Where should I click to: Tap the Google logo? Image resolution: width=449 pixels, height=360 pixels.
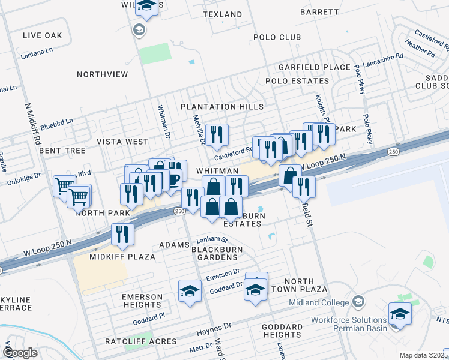20,353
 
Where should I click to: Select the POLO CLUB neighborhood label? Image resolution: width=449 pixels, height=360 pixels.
277,37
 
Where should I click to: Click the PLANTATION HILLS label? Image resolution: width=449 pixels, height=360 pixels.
223,107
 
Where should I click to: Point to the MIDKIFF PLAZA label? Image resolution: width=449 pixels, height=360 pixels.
122,256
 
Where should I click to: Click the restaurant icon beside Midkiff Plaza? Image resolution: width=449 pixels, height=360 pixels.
122,234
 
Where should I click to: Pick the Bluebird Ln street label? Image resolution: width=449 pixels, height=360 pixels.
56,122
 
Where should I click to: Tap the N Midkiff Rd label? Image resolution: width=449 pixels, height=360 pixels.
32,122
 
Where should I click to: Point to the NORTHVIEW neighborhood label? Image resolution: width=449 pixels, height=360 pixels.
103,74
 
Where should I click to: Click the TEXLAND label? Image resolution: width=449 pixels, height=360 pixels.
223,14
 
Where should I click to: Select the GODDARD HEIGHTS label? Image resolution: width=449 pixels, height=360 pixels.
282,331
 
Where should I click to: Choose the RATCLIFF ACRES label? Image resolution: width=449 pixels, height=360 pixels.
141,341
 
